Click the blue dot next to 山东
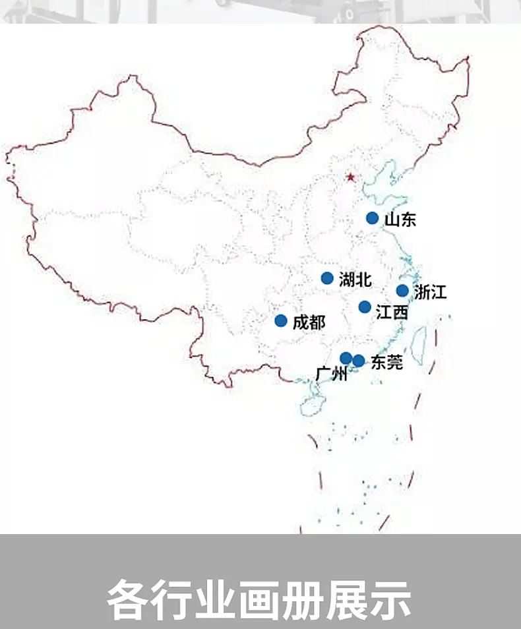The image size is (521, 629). coord(373,218)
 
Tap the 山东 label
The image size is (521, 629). coord(400,220)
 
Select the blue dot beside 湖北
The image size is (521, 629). coord(327,278)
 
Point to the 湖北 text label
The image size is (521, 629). coord(355,279)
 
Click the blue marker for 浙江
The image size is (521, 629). coord(402,291)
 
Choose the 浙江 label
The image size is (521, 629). coord(431,291)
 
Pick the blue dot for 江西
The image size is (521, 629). coord(365,307)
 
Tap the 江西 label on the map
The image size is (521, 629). coord(392,311)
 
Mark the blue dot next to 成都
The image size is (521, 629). coord(281,321)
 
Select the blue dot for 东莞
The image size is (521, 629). coord(359,361)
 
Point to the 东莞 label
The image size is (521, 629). coord(387,362)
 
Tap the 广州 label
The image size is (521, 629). coord(331,374)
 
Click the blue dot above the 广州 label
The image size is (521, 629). coord(346,358)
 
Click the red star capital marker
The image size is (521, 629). coord(350,177)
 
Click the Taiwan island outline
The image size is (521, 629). coord(418,342)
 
